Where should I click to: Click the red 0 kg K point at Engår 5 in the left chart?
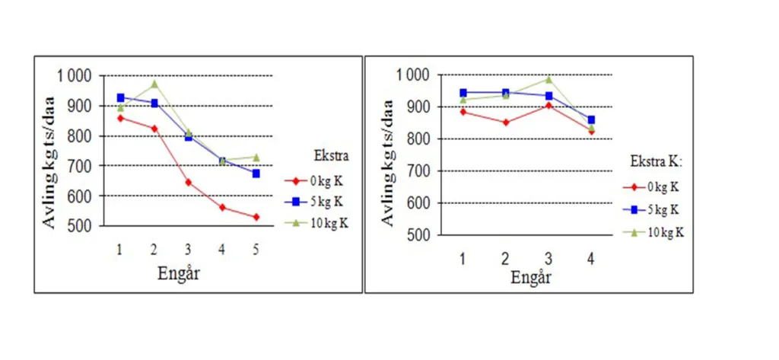(256, 217)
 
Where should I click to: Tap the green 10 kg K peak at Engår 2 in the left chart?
(154, 84)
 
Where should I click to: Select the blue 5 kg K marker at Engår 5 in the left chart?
(256, 174)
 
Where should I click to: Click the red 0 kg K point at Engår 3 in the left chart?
(188, 183)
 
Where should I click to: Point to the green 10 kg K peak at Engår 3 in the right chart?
(548, 79)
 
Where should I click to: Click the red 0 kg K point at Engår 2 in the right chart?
(506, 122)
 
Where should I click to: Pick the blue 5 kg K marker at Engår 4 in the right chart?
(591, 119)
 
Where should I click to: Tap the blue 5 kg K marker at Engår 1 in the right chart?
(463, 93)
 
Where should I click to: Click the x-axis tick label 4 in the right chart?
(591, 258)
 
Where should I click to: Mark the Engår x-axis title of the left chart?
(179, 273)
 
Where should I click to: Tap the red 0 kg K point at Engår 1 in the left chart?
(120, 118)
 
